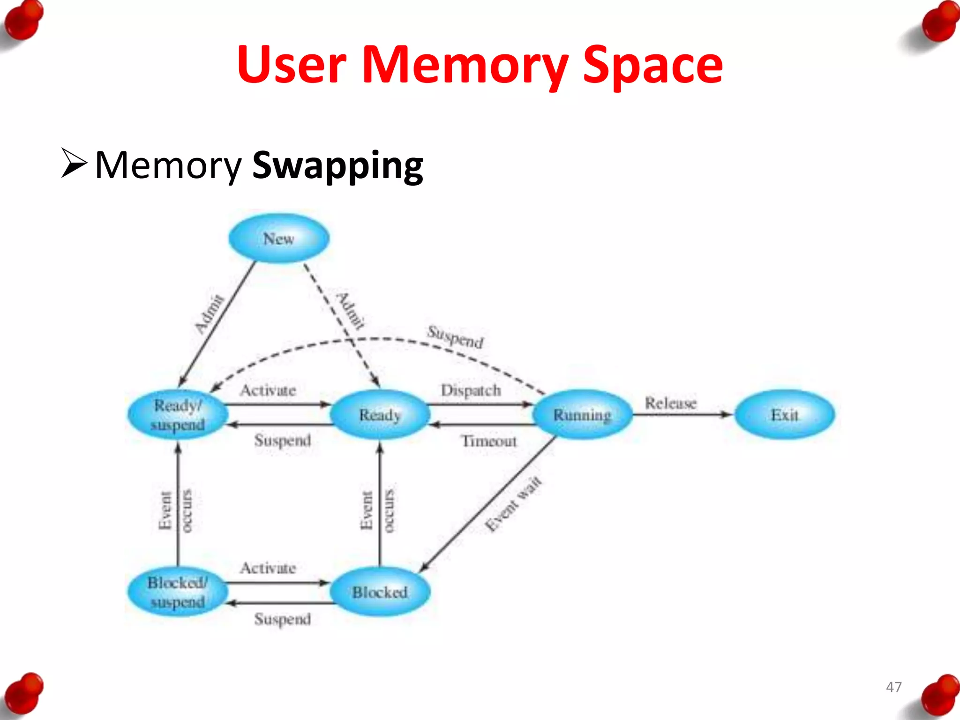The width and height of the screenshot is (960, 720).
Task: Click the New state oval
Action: [x=279, y=238]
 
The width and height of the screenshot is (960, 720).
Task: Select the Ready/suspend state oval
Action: [x=178, y=415]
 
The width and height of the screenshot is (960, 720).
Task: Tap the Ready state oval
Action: [x=380, y=415]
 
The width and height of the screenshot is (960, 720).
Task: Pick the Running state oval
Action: [x=582, y=415]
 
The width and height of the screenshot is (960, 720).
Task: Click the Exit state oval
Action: [x=784, y=415]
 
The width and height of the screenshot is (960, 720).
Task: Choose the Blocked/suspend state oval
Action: [x=178, y=592]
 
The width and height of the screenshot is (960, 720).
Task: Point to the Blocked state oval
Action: [x=380, y=592]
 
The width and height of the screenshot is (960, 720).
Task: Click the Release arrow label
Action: [x=670, y=403]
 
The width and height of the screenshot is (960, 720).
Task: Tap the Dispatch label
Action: [x=471, y=390]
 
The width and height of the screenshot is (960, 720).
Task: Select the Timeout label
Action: [x=489, y=441]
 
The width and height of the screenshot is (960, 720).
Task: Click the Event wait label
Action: [x=513, y=504]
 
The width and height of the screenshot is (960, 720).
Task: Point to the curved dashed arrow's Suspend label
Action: [x=455, y=337]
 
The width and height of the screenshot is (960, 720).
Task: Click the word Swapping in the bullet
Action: [x=337, y=166]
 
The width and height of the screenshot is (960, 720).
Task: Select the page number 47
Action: [x=893, y=687]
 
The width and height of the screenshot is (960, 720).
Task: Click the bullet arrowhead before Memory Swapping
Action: [x=74, y=163]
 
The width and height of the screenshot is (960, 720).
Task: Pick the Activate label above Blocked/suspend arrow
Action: [x=268, y=568]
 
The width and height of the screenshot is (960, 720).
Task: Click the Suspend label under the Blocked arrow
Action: [x=282, y=619]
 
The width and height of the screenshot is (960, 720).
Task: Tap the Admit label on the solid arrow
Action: [x=210, y=314]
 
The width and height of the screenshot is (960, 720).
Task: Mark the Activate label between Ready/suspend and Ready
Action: [x=268, y=390]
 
